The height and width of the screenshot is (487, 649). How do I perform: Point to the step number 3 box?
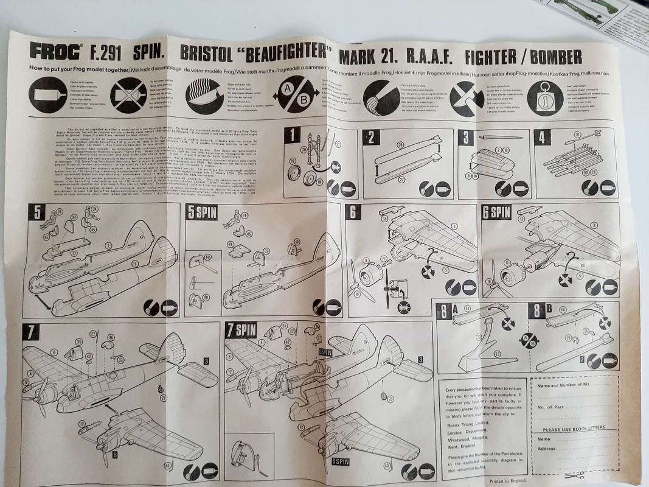[x=467, y=138]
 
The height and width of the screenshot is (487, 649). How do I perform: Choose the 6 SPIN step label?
[x=496, y=212]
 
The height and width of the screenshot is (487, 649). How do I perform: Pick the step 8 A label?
[x=448, y=310]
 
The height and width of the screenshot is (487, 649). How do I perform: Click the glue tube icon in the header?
[x=48, y=94]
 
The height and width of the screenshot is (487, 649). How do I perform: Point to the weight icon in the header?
[x=545, y=98]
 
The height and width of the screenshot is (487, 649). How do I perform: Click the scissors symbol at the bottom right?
[x=574, y=475]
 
